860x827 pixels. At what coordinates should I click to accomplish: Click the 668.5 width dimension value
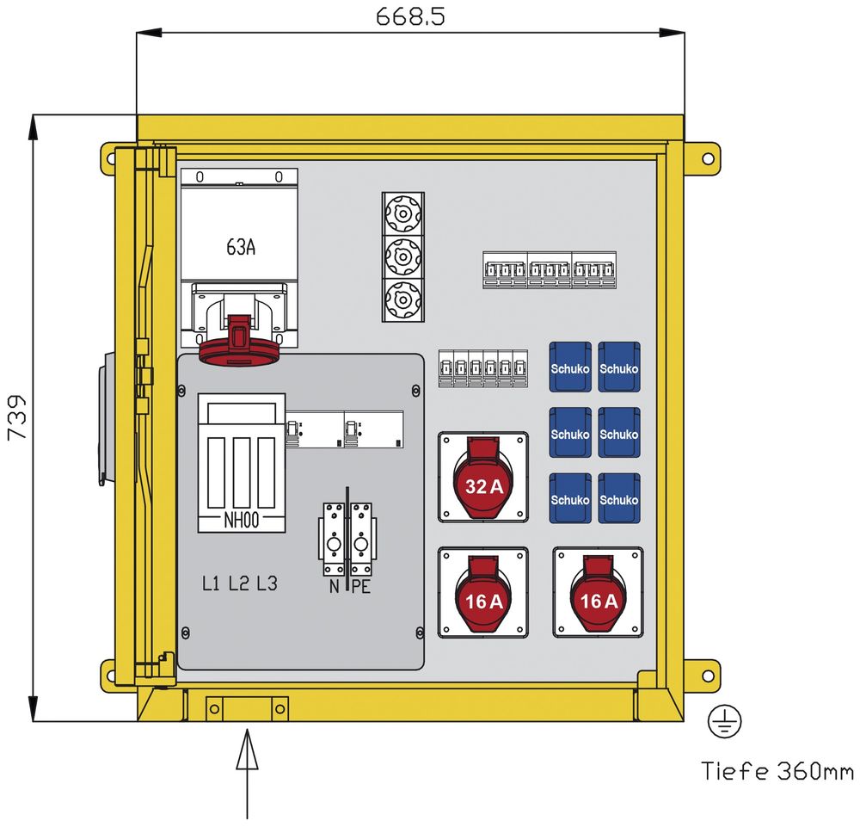coord(410,17)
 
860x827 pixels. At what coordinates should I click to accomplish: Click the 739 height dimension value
coord(16,418)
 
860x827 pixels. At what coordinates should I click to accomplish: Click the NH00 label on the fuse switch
coord(242,520)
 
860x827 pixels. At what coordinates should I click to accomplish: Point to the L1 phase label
coord(212,583)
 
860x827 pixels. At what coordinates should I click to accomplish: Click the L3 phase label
coord(267,583)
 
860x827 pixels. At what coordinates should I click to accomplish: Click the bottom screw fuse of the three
coord(402,299)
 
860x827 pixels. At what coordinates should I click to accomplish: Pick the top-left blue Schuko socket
coord(569,367)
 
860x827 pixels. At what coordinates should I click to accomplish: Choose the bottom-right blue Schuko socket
coord(619,498)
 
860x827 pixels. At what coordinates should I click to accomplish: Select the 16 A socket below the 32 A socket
coord(483,594)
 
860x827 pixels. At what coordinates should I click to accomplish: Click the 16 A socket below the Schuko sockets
coord(598,594)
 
